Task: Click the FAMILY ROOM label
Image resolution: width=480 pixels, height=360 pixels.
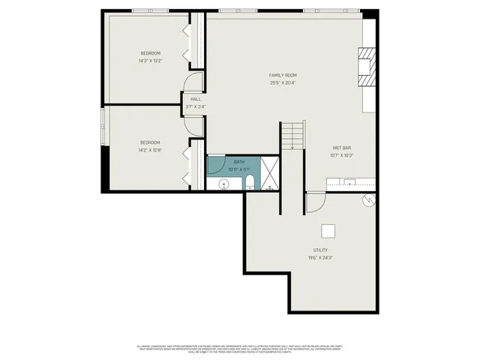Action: pyautogui.click(x=283, y=75)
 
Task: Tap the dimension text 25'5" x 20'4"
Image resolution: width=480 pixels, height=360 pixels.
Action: pyautogui.click(x=283, y=82)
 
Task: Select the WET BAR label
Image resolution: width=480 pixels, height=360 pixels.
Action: pyautogui.click(x=341, y=148)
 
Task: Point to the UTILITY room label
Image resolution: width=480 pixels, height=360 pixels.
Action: pyautogui.click(x=320, y=250)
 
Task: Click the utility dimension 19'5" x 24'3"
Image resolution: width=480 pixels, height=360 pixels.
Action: pyautogui.click(x=320, y=257)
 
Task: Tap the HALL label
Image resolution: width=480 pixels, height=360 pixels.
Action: pyautogui.click(x=195, y=99)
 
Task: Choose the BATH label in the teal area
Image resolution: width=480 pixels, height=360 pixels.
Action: pyautogui.click(x=239, y=162)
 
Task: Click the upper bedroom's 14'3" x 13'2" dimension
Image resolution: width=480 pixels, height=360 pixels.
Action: pyautogui.click(x=150, y=61)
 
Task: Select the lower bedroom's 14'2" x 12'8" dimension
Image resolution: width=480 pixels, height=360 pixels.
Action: pyautogui.click(x=150, y=150)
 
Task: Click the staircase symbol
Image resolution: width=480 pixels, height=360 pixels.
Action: pyautogui.click(x=293, y=136)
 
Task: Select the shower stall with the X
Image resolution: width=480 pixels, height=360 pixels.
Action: pyautogui.click(x=271, y=174)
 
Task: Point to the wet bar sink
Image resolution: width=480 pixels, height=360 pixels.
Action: pyautogui.click(x=349, y=181)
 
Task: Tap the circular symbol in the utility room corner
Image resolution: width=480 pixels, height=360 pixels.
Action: pyautogui.click(x=367, y=199)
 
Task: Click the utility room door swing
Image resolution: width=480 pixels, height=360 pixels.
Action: pyautogui.click(x=315, y=202)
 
